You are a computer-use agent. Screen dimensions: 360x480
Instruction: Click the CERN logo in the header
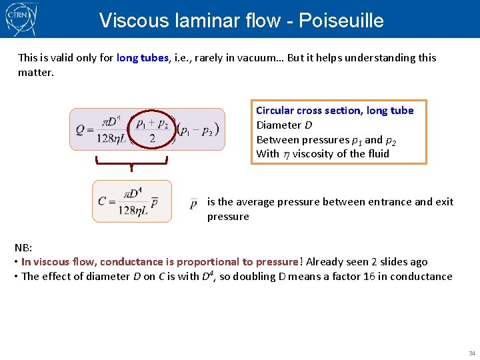click(x=20, y=18)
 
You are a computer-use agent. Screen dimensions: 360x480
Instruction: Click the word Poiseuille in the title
click(x=341, y=21)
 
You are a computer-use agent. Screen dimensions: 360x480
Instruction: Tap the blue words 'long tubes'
click(x=142, y=57)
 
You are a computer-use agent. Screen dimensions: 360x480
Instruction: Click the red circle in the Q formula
click(x=152, y=129)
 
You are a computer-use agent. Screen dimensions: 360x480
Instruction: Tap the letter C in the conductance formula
click(x=102, y=201)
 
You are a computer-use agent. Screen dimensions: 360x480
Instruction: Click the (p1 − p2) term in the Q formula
click(x=198, y=130)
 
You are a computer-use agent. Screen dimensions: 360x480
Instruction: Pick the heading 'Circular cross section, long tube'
click(x=335, y=111)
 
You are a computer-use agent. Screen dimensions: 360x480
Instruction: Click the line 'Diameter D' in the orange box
click(x=279, y=125)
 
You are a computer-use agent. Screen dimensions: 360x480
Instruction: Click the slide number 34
click(x=471, y=353)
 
